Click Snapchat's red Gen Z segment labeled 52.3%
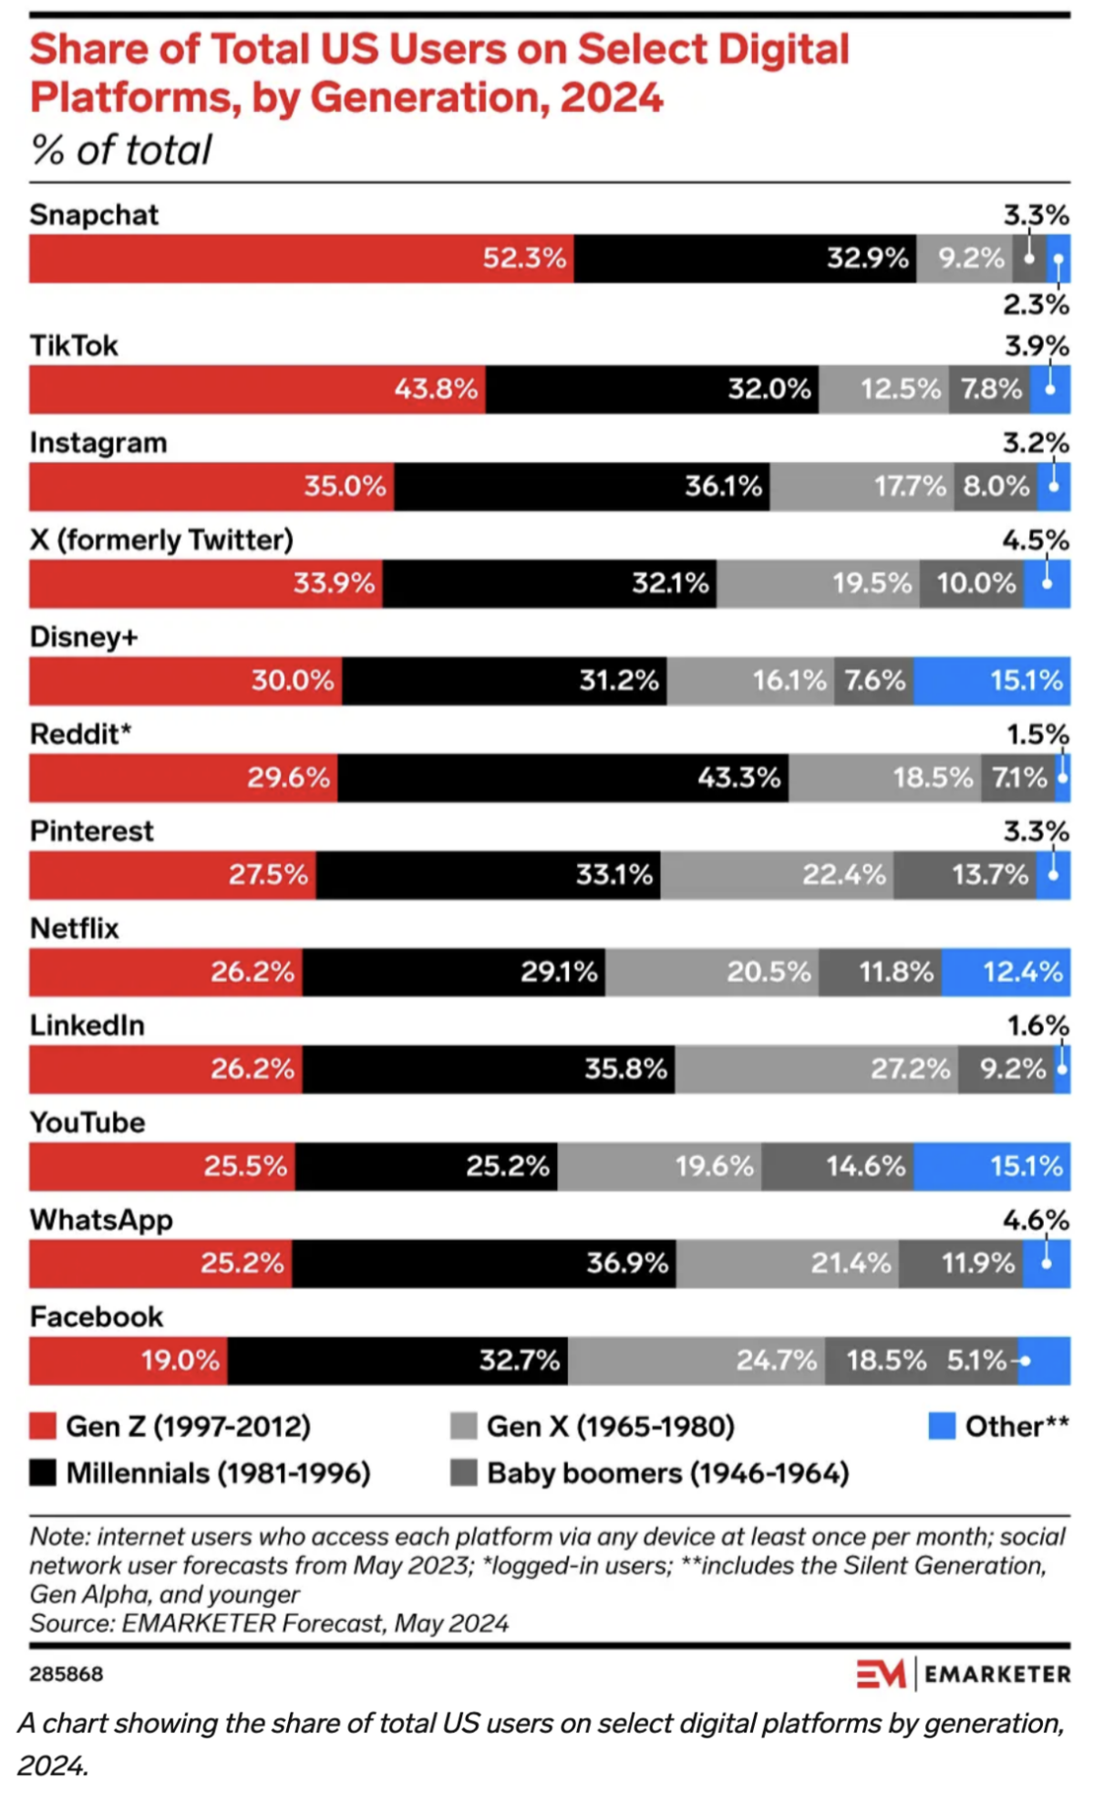click(x=301, y=259)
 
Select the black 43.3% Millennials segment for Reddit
click(x=562, y=778)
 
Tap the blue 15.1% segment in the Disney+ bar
click(x=991, y=680)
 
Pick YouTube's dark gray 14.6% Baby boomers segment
click(x=837, y=1166)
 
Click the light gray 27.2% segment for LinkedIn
click(x=815, y=1068)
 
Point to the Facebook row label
click(x=96, y=1316)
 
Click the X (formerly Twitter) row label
click(x=161, y=540)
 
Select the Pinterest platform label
click(x=91, y=830)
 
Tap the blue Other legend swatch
click(x=941, y=1426)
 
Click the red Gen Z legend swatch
click(x=43, y=1426)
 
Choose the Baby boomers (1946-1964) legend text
click(x=667, y=1473)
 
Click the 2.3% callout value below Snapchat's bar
click(x=1036, y=304)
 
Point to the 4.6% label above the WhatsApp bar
click(x=1036, y=1220)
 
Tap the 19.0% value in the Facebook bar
click(x=180, y=1360)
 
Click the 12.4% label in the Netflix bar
click(x=1022, y=972)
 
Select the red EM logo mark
click(x=881, y=1674)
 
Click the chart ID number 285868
click(x=66, y=1674)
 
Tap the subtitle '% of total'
click(x=120, y=150)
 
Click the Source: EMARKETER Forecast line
click(x=269, y=1623)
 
